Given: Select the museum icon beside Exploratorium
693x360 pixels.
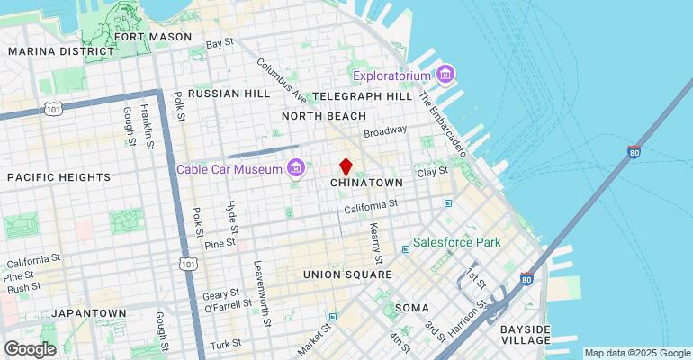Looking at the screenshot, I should pyautogui.click(x=443, y=73).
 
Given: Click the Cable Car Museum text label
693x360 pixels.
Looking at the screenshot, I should pyautogui.click(x=229, y=168).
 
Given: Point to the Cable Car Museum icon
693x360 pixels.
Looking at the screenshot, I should pyautogui.click(x=295, y=168).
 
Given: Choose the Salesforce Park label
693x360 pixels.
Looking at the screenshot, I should pyautogui.click(x=456, y=243).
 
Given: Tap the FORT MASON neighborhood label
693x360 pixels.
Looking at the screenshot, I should pyautogui.click(x=160, y=37).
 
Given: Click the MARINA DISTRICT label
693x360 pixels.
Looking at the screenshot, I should pyautogui.click(x=51, y=51).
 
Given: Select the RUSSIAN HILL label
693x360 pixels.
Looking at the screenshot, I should pyautogui.click(x=229, y=94).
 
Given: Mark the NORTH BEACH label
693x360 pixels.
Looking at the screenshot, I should pyautogui.click(x=324, y=116).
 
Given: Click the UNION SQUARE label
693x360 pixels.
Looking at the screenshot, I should pyautogui.click(x=347, y=274).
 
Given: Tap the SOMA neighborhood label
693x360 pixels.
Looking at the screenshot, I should pyautogui.click(x=412, y=308).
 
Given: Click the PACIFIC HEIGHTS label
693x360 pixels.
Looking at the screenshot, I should pyautogui.click(x=58, y=177).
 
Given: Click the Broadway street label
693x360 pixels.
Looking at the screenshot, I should pyautogui.click(x=385, y=132).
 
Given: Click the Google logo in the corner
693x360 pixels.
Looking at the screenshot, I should pyautogui.click(x=30, y=348).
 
